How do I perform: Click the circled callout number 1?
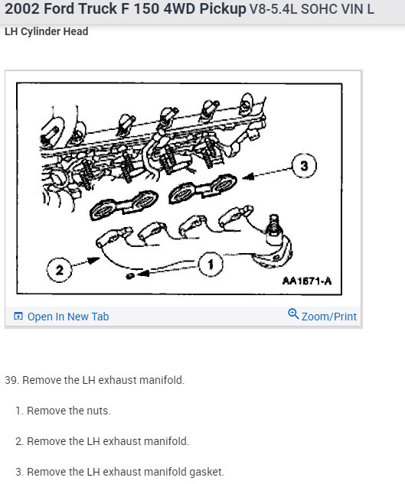click(x=211, y=265)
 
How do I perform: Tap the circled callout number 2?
click(x=59, y=270)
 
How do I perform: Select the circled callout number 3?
click(x=304, y=166)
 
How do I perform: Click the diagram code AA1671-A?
click(x=307, y=281)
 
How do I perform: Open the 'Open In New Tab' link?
click(x=68, y=317)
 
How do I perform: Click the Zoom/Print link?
click(x=329, y=317)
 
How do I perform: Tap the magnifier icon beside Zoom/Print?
click(x=293, y=314)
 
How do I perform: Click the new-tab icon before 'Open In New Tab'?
click(x=18, y=316)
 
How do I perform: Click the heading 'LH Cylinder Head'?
click(x=47, y=31)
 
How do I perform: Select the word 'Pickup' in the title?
click(x=223, y=8)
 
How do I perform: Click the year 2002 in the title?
click(x=22, y=8)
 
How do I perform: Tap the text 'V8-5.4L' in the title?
click(x=273, y=9)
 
